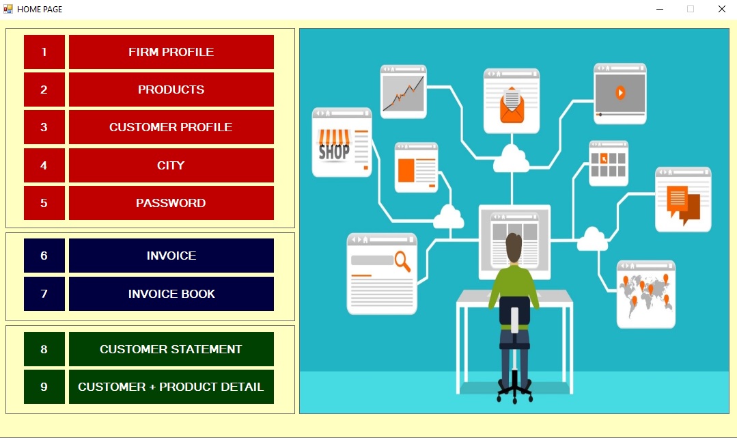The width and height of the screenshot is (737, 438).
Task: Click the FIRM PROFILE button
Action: click(171, 52)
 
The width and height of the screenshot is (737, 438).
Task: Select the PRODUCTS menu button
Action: click(171, 90)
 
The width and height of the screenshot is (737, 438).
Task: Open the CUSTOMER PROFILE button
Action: click(171, 127)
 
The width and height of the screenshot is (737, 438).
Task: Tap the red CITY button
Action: click(171, 165)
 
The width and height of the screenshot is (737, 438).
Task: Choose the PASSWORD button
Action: click(171, 203)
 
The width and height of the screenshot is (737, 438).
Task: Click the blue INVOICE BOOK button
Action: click(171, 294)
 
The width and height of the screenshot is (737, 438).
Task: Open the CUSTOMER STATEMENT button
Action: click(171, 349)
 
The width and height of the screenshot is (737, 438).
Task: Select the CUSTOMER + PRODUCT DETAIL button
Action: click(171, 387)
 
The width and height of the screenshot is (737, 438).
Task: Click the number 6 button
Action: click(44, 256)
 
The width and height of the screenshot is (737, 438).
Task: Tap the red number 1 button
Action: click(44, 52)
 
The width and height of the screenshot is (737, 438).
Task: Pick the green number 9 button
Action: click(44, 387)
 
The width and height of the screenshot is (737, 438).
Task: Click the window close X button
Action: click(722, 9)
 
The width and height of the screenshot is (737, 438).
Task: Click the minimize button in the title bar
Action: click(660, 9)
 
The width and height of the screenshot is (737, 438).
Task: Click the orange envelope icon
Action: click(512, 105)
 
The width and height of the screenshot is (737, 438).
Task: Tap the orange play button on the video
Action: click(620, 93)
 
